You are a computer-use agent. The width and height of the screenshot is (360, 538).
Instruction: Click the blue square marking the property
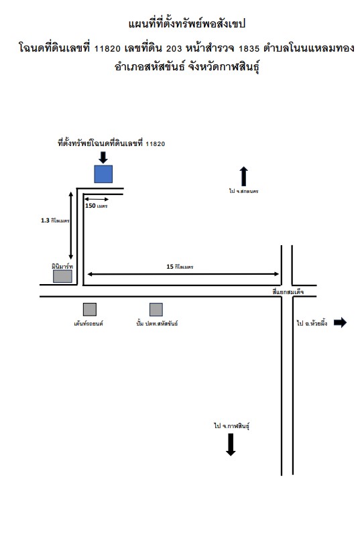(x=103, y=174)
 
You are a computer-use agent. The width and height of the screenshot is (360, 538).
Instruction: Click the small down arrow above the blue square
(x=103, y=157)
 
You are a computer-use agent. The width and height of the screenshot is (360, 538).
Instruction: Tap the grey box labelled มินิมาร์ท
(x=62, y=276)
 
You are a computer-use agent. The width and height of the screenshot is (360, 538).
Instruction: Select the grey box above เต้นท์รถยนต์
(x=90, y=310)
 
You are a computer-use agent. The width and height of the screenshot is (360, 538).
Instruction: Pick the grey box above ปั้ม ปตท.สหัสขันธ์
(x=156, y=310)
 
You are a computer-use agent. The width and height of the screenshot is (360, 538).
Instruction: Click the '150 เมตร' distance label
(x=96, y=206)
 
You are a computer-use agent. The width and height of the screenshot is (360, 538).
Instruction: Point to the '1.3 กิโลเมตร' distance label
(x=55, y=220)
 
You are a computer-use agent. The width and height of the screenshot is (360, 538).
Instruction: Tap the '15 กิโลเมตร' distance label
(x=180, y=267)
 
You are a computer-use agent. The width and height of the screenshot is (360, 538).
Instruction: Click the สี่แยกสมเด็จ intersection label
(x=288, y=291)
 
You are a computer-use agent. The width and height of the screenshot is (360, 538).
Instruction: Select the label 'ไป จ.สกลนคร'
(x=243, y=191)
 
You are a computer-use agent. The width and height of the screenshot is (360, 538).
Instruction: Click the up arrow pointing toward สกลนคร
(x=243, y=176)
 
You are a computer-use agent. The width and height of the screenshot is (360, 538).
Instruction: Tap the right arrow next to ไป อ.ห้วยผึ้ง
(x=340, y=322)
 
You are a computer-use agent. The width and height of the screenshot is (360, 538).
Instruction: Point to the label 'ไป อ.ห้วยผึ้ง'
(x=312, y=323)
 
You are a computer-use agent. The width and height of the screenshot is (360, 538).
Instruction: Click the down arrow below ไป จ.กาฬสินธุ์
(x=231, y=445)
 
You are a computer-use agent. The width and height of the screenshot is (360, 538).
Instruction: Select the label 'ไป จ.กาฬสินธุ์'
(x=231, y=426)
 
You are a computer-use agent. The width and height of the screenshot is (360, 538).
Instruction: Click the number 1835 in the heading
(x=249, y=49)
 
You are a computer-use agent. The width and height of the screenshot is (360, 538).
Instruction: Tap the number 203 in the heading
(x=174, y=49)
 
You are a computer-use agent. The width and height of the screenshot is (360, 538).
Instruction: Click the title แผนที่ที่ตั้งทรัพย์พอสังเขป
(x=187, y=24)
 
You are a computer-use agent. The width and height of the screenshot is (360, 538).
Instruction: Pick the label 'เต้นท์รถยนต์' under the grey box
(x=88, y=323)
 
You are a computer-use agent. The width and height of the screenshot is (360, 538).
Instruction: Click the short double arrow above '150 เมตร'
(x=97, y=199)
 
